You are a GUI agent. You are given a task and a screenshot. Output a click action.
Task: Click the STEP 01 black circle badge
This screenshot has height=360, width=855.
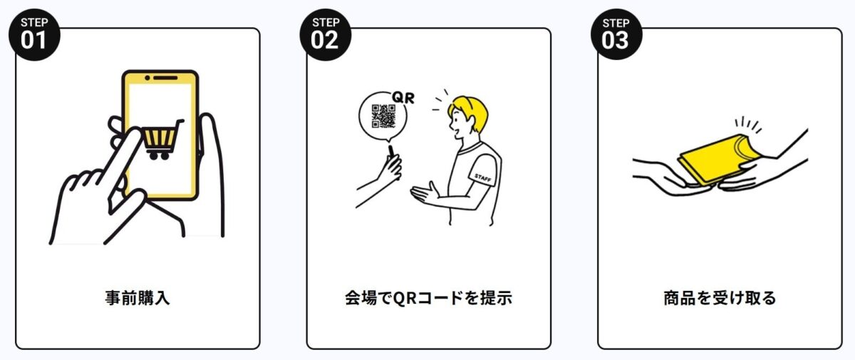pos(34,35)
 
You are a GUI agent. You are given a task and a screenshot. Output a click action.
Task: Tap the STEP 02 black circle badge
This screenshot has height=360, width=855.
pos(325,35)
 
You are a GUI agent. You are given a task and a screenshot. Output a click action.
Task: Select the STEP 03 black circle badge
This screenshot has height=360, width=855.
pos(616,34)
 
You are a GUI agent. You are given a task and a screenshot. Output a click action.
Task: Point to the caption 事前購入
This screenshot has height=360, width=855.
pos(138,298)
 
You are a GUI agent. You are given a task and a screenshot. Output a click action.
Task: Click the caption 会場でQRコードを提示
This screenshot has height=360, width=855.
pos(428,298)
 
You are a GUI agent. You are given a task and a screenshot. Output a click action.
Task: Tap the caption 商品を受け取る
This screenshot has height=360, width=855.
pos(720,298)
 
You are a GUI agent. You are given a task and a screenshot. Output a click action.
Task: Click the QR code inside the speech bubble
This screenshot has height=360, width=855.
pos(383,116)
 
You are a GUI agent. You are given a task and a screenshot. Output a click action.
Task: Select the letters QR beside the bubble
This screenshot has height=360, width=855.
pos(403,98)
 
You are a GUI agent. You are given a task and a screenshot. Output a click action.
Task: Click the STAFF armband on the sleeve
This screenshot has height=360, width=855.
pos(483,177)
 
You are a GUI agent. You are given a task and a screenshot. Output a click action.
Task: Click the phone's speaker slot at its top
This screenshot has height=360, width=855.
pos(165,78)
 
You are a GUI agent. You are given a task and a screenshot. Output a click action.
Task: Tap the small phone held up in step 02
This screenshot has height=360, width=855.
pos(392,152)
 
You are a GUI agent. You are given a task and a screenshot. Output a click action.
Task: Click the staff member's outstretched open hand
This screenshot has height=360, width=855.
pos(425,192)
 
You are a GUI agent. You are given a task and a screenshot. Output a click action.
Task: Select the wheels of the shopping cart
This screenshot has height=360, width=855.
pos(160,155)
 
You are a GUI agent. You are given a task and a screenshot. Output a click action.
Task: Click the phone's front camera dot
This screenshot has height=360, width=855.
pos(147,78)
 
